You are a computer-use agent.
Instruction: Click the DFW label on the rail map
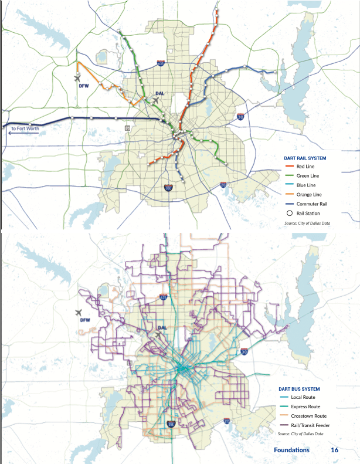pos(83,86)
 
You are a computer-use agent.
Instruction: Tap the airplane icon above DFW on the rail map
pos(79,77)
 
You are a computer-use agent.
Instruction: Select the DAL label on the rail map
pos(160,93)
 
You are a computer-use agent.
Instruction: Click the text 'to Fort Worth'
pos(25,127)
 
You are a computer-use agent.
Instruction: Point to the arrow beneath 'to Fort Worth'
pos(23,133)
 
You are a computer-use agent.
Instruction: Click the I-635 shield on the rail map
pos(161,63)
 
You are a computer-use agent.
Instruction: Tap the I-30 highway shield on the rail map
pos(241,117)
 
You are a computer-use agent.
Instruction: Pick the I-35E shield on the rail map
pos(169,188)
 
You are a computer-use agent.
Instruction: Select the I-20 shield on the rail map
pos(223,185)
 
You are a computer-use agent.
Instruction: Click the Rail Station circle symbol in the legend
pos(289,213)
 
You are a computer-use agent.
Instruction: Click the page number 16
pos(334,450)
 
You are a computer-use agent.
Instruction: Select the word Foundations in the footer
pos(291,450)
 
